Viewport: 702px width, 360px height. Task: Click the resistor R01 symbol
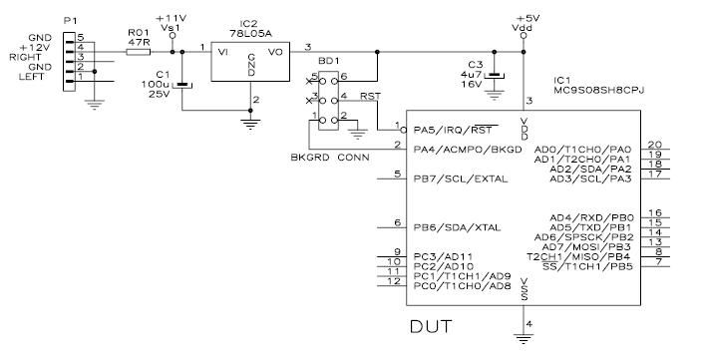[139, 48]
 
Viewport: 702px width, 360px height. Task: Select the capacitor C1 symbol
[182, 86]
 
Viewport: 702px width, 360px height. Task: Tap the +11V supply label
[172, 19]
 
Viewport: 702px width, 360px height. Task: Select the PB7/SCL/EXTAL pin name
[461, 179]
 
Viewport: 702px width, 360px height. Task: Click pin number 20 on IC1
[655, 144]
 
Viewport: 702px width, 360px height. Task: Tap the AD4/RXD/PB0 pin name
[590, 216]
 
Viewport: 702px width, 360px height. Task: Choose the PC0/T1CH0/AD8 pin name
[461, 285]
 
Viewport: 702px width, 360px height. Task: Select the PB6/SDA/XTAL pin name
[457, 226]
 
